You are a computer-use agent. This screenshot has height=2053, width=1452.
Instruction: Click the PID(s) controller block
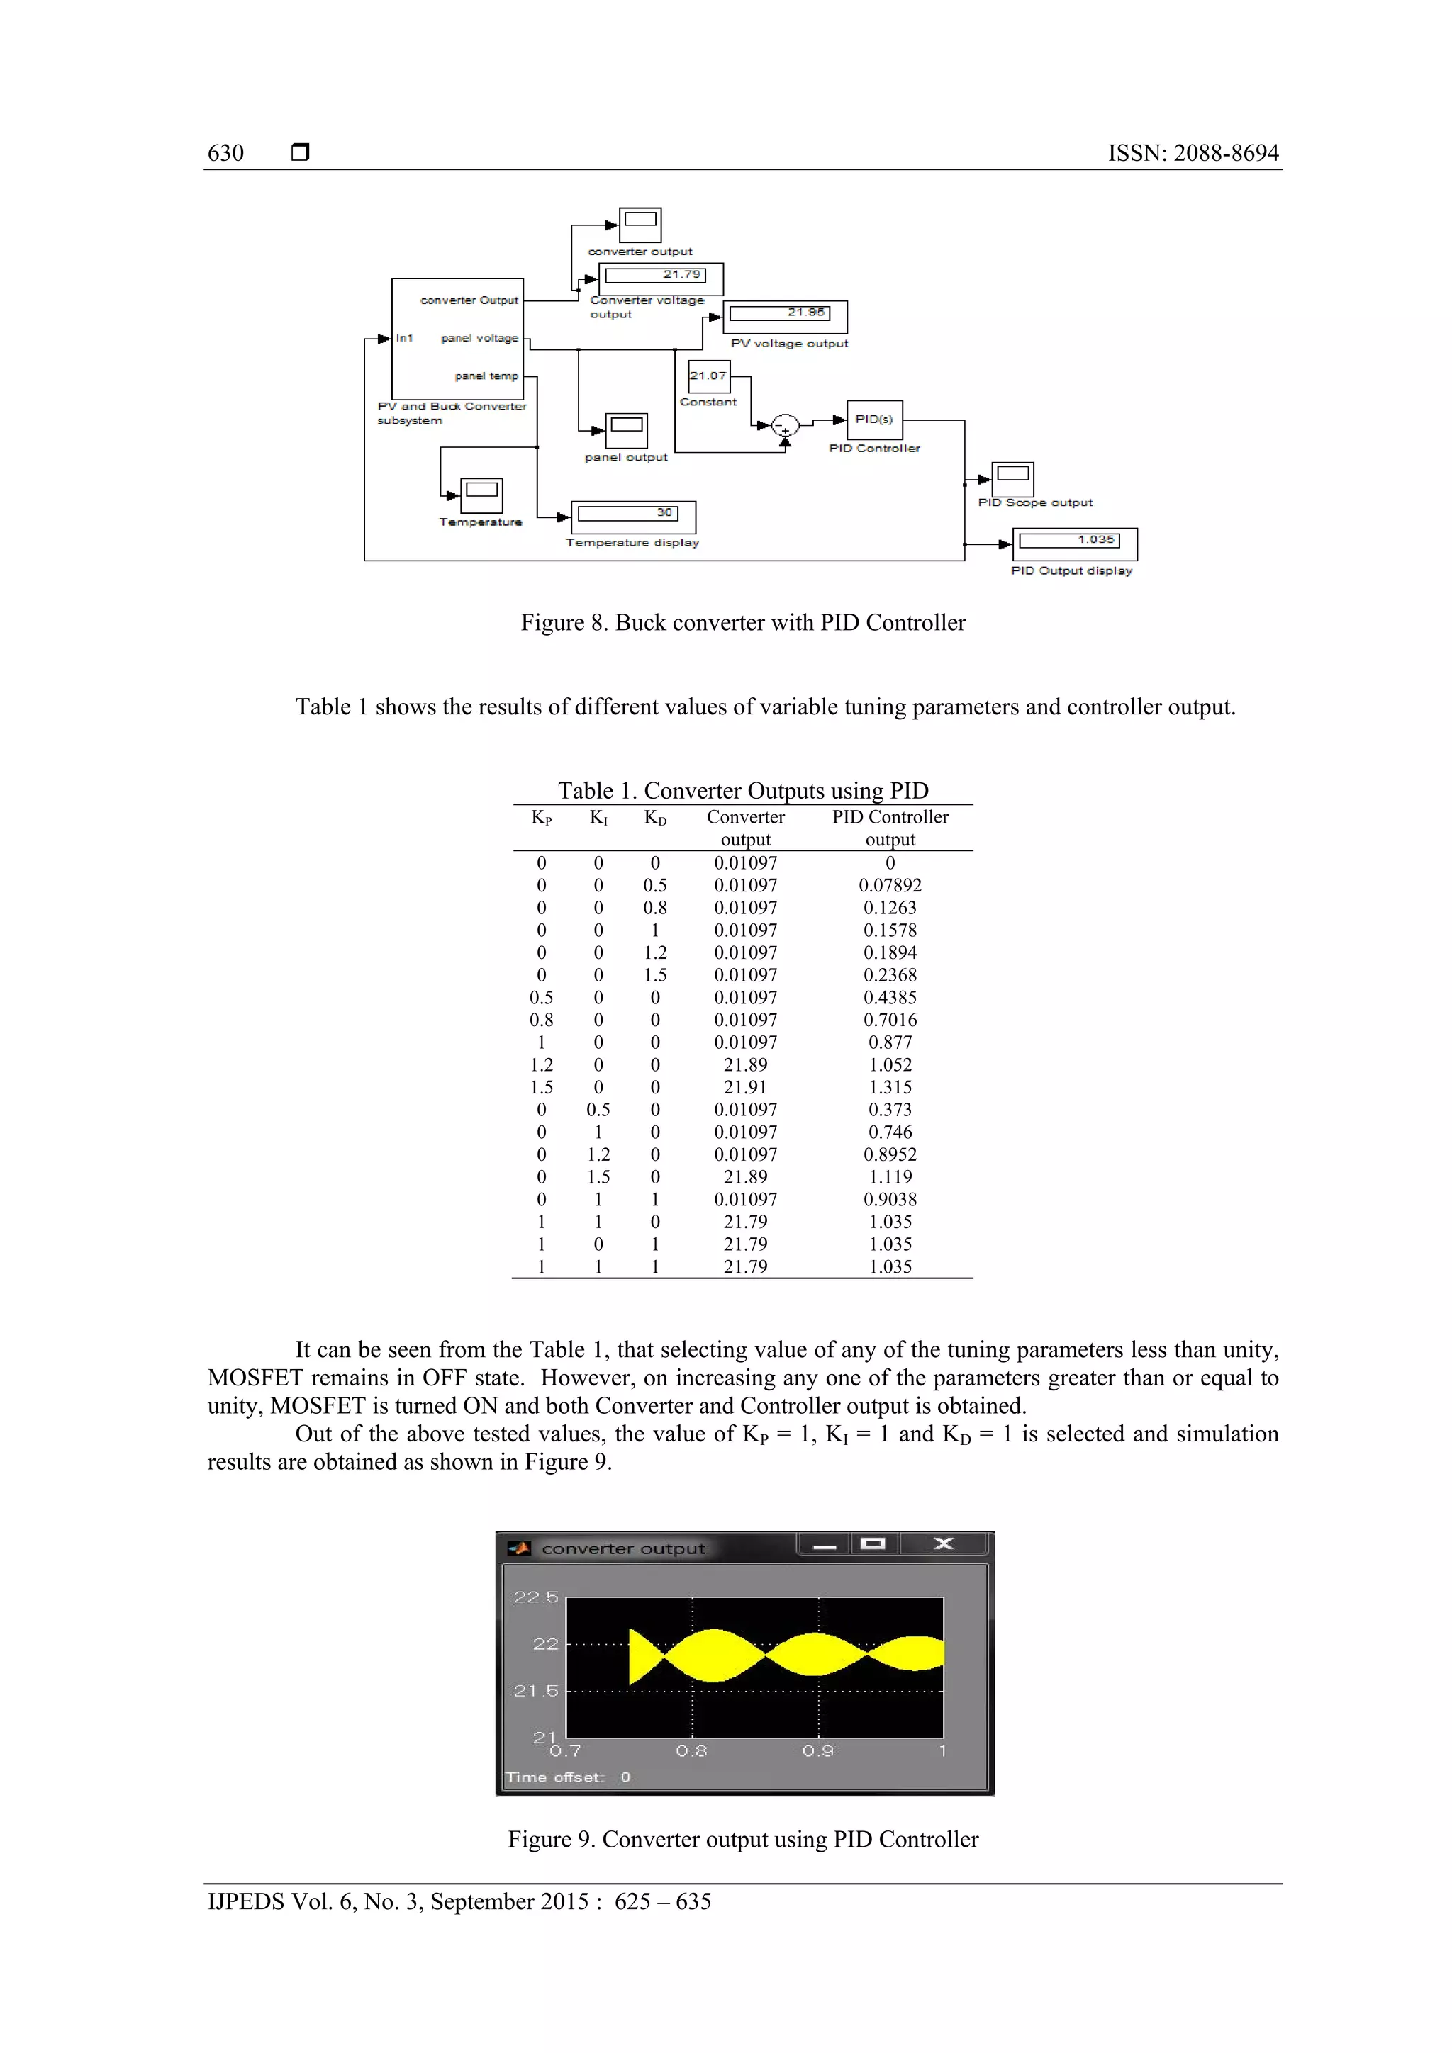[873, 420]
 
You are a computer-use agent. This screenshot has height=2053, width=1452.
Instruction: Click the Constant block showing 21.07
[708, 376]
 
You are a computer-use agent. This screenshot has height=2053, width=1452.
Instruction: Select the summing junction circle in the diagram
[785, 426]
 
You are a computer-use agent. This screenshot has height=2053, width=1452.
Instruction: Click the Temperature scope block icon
[481, 495]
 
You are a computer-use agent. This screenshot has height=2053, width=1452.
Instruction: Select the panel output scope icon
[626, 430]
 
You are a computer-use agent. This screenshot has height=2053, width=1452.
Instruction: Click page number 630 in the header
[225, 153]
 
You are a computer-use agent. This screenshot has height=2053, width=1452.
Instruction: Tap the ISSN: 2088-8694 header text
[1193, 153]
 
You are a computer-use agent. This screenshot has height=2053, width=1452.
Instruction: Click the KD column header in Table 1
[655, 817]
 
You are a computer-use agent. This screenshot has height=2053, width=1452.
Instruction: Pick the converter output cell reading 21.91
[745, 1087]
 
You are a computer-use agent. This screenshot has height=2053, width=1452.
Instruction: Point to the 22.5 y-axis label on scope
[535, 1597]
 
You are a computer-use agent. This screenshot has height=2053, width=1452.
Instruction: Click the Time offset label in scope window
[554, 1777]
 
